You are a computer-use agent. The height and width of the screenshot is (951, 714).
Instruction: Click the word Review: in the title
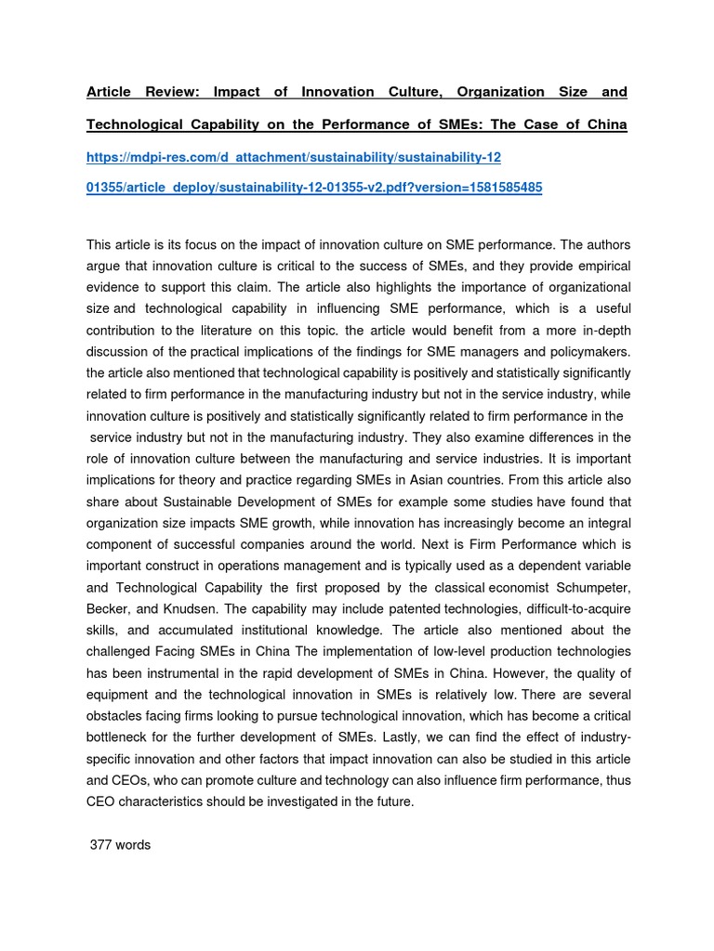pyautogui.click(x=171, y=92)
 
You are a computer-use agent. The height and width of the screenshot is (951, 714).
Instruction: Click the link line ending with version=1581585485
pyautogui.click(x=313, y=188)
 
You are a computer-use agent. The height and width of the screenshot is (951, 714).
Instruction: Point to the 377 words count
pyautogui.click(x=120, y=845)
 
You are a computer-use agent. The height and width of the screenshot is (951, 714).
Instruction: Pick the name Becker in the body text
pyautogui.click(x=109, y=608)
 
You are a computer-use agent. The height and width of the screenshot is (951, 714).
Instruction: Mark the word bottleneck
pyautogui.click(x=122, y=737)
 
